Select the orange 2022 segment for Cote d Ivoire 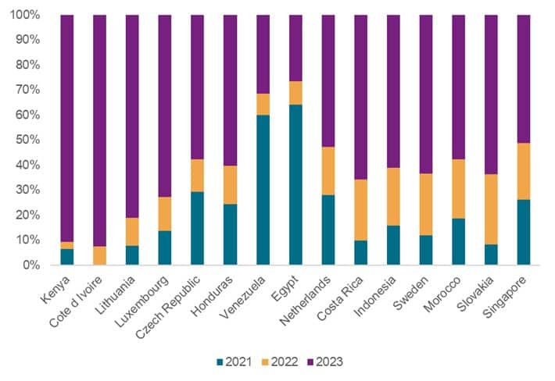tap(99, 255)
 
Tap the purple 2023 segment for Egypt tap(295, 48)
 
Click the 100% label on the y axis tap(25, 15)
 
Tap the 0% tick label tap(31, 265)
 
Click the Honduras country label tap(213, 291)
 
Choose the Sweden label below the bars tap(413, 287)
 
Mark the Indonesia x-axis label tap(378, 291)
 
